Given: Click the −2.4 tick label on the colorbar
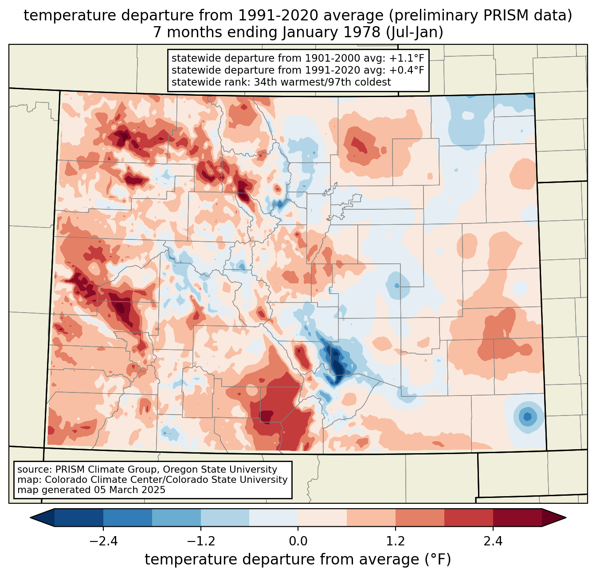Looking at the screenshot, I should [103, 541].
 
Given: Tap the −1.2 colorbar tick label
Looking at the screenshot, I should [200, 541].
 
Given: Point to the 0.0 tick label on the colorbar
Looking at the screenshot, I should [298, 541].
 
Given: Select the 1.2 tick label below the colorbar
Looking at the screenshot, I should [395, 541].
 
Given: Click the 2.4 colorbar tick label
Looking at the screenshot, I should [493, 541].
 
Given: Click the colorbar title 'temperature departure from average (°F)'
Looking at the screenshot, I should [298, 560].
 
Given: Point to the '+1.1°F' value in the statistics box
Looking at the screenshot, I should [407, 58].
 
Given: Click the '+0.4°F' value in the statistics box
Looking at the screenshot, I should [407, 70].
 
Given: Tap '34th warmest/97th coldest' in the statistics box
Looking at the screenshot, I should [322, 82].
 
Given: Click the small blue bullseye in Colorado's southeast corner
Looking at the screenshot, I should [527, 416].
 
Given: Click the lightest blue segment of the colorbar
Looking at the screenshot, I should [274, 517].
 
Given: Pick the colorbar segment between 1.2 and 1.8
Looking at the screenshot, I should [420, 517].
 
